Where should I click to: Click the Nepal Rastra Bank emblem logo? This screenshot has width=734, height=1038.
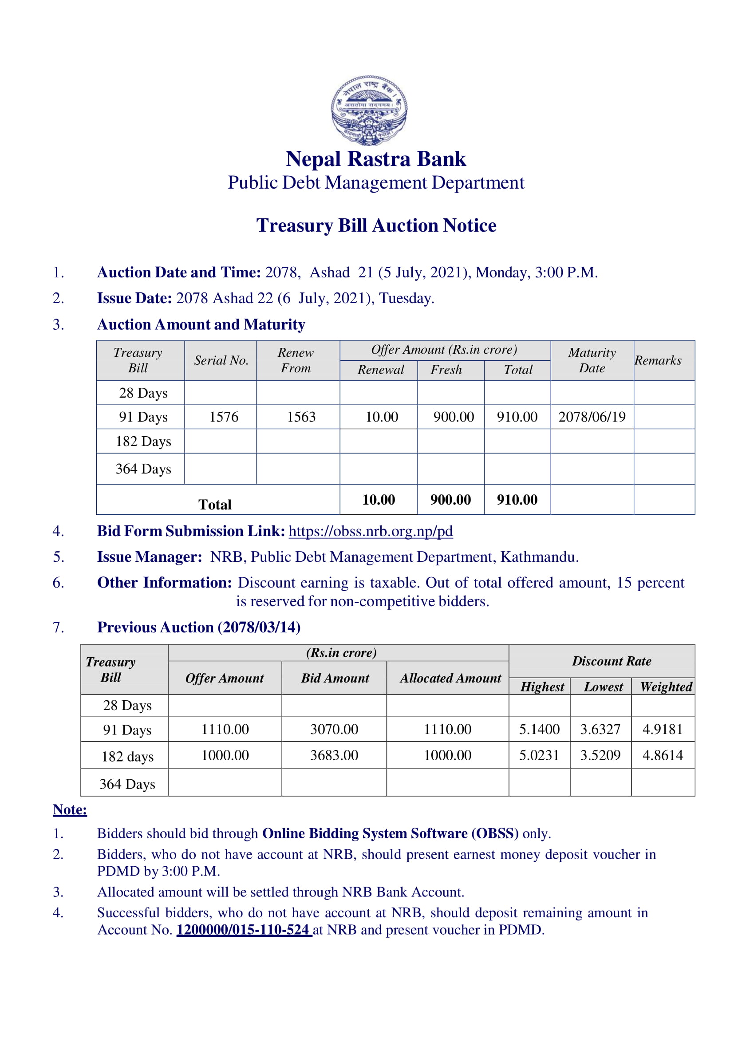(x=369, y=111)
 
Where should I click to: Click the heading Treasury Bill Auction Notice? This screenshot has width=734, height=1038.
(x=376, y=225)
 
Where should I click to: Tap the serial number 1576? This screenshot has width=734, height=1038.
(x=224, y=416)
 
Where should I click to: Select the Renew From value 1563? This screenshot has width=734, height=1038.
(x=301, y=416)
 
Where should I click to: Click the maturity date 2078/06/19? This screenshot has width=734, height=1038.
(x=592, y=416)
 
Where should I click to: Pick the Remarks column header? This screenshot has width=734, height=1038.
(x=658, y=360)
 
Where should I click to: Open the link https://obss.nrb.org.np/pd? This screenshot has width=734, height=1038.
(x=371, y=531)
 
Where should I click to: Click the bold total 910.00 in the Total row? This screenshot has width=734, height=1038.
(x=517, y=500)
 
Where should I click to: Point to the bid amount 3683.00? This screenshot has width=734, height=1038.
(x=334, y=755)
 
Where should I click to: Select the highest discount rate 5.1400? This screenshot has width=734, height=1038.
(x=539, y=729)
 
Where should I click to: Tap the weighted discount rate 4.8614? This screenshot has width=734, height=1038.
(x=663, y=755)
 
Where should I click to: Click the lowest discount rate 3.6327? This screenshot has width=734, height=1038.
(x=600, y=729)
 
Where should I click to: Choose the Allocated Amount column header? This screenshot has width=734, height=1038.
(x=450, y=678)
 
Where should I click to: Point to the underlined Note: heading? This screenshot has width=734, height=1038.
(x=70, y=809)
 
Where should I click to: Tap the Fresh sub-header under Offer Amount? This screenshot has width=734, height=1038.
(x=446, y=370)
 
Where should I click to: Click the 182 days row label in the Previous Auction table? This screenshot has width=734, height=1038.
(x=127, y=756)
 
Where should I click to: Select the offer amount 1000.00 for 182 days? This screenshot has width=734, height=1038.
(x=225, y=755)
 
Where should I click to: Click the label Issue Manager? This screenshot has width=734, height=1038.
(x=150, y=556)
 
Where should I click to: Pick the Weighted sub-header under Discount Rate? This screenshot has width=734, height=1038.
(x=666, y=687)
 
